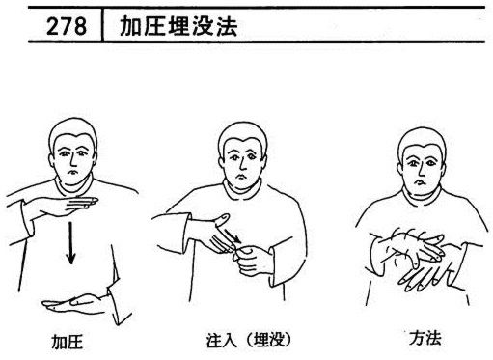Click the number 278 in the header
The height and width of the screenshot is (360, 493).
click(x=67, y=26)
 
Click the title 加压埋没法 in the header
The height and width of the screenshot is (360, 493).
click(x=178, y=26)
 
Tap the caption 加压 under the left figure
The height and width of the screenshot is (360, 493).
click(x=68, y=342)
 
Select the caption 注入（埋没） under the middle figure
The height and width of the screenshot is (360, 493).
click(x=249, y=340)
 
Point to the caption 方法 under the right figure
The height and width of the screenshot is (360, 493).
click(x=425, y=338)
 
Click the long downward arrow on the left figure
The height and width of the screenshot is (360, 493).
click(x=70, y=243)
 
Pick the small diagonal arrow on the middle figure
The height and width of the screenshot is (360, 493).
click(x=233, y=235)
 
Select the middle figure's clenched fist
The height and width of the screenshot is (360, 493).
click(x=253, y=260)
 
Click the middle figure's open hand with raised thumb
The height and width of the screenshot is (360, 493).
click(x=212, y=233)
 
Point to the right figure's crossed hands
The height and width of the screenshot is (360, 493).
click(x=418, y=258)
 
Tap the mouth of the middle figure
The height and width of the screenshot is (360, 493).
click(x=239, y=177)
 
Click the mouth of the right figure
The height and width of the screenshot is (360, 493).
click(x=420, y=182)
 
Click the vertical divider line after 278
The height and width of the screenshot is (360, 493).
click(x=102, y=25)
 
